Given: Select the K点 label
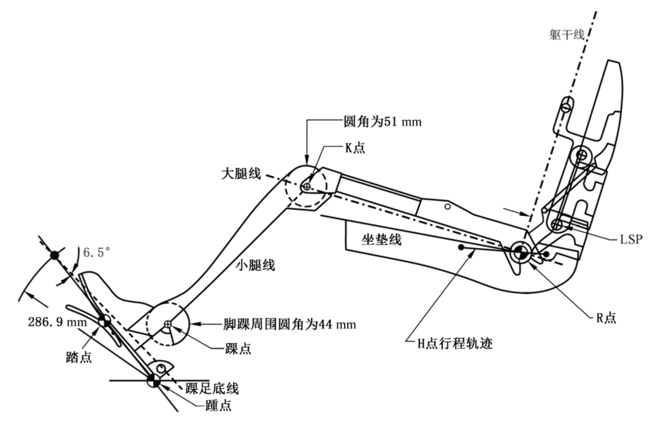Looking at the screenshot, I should [354, 148].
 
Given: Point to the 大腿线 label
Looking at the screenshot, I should [239, 175].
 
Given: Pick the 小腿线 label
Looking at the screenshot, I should [254, 266].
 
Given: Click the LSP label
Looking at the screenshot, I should [632, 239].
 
